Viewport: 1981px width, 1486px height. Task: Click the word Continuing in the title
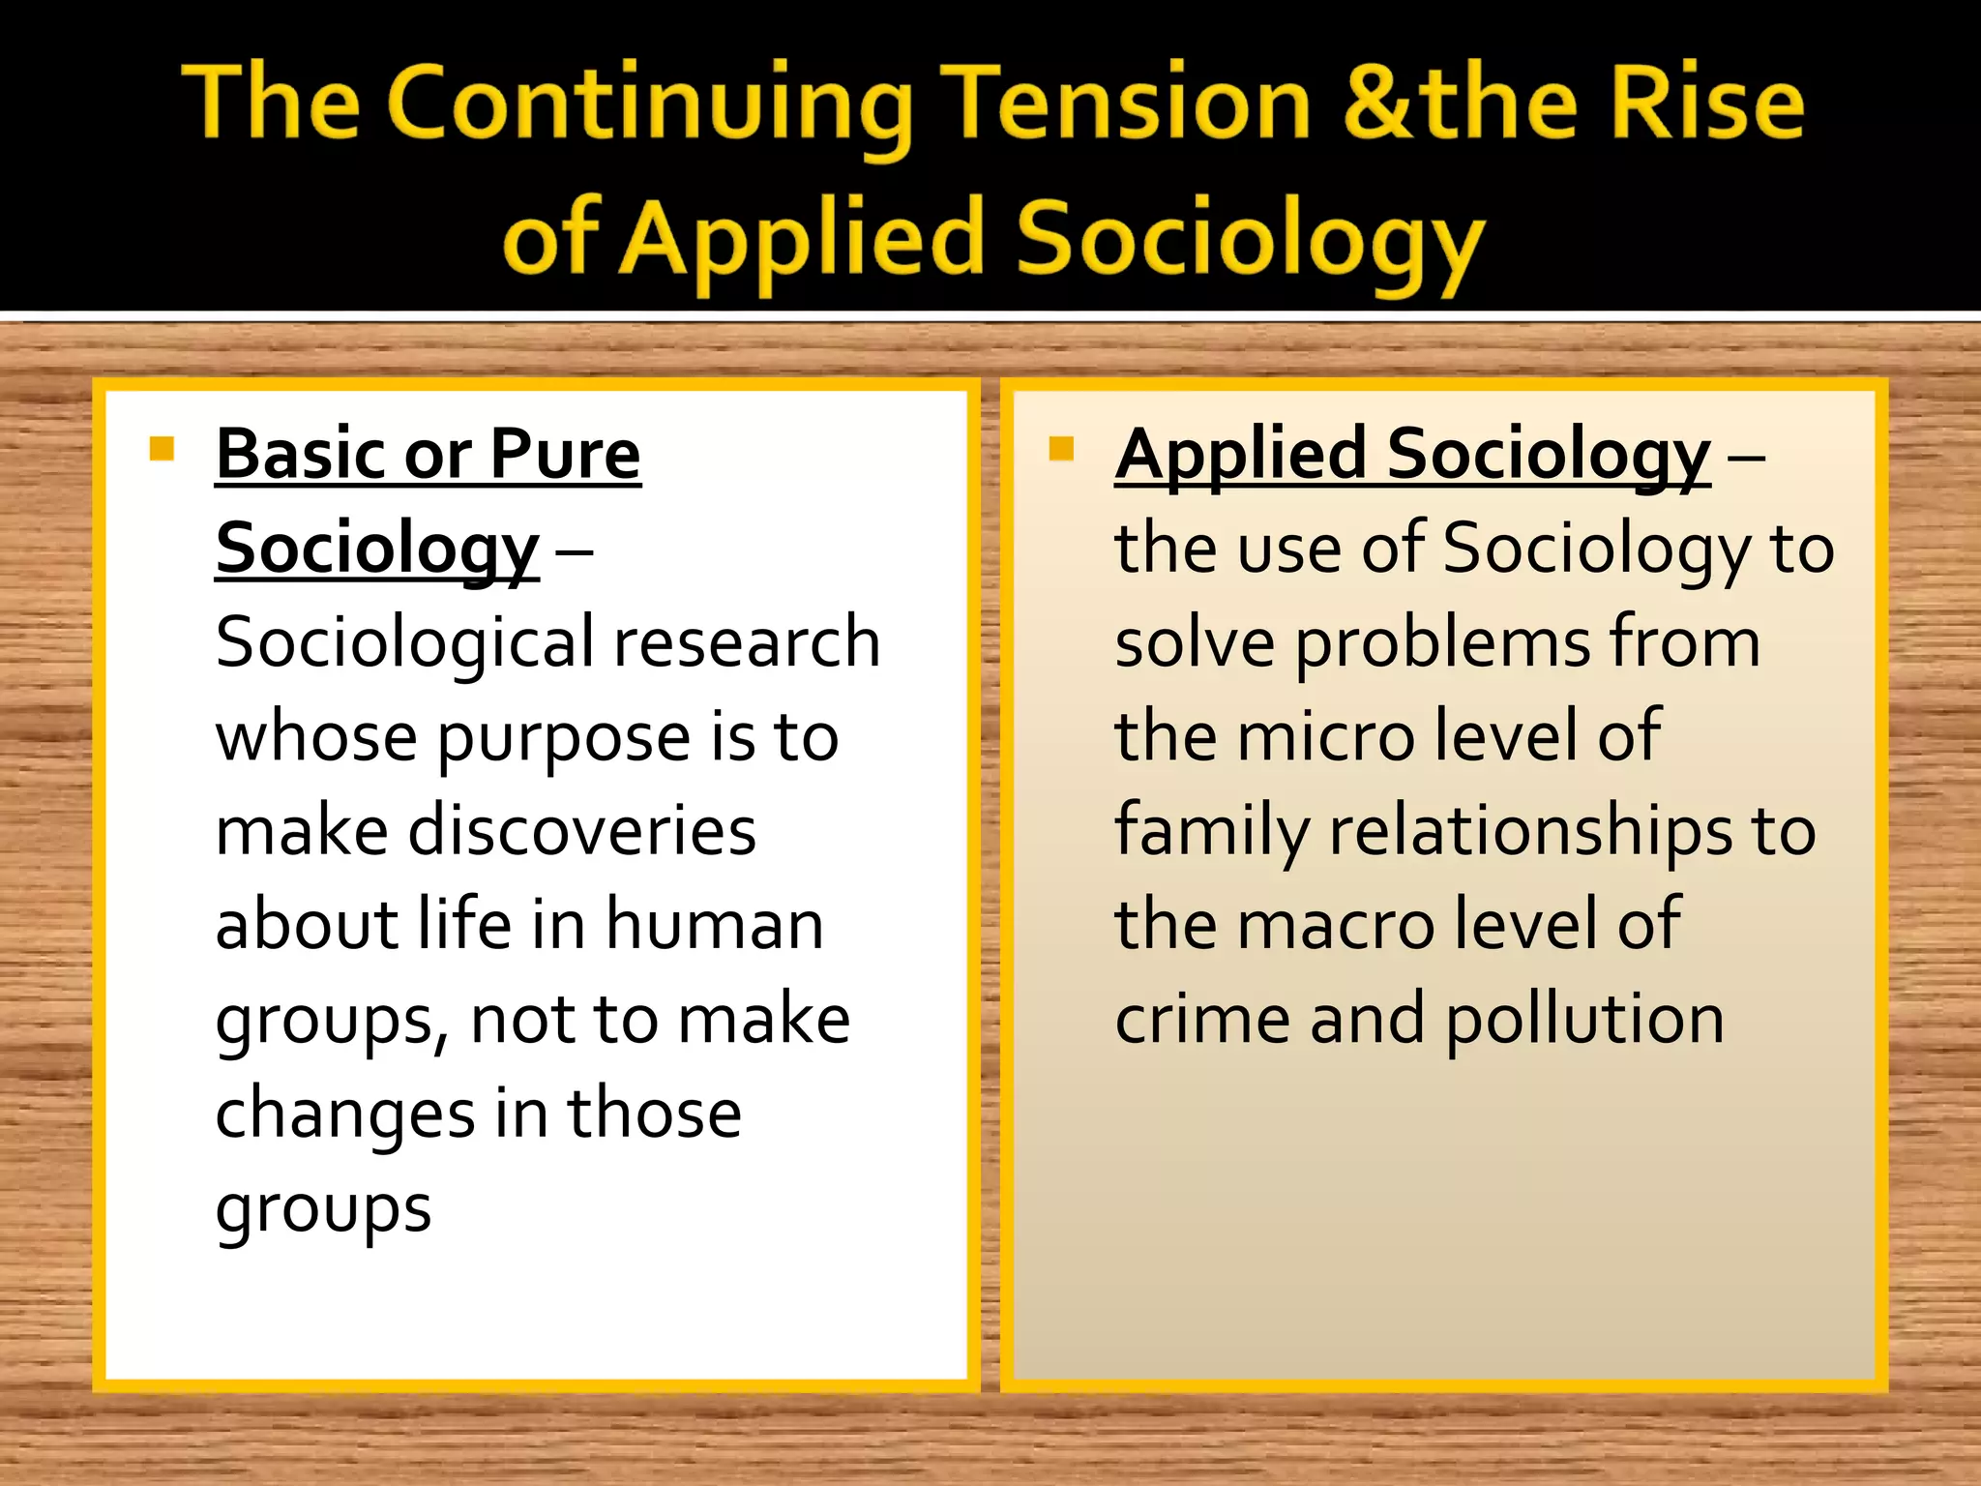point(650,106)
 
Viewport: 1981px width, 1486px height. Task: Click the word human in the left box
point(715,925)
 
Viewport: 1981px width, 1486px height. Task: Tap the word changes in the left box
point(344,1114)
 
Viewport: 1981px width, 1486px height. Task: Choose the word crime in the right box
point(1202,1020)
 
